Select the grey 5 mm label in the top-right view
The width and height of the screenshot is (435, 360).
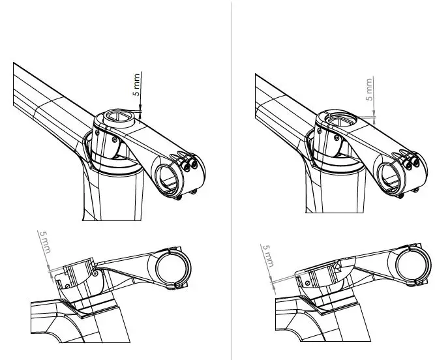(x=369, y=89)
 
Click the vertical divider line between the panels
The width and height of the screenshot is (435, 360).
(x=232, y=180)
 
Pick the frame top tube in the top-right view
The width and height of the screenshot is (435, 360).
(x=280, y=104)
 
